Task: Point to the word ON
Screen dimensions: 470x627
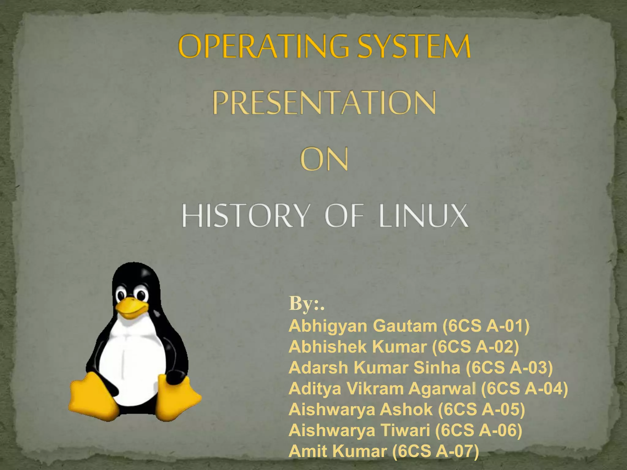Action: pyautogui.click(x=324, y=159)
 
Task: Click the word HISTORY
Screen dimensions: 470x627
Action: pyautogui.click(x=243, y=216)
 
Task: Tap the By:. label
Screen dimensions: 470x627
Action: pyautogui.click(x=306, y=304)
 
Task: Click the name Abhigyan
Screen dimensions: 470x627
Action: pyautogui.click(x=328, y=326)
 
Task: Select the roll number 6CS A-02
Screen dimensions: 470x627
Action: pyautogui.click(x=475, y=347)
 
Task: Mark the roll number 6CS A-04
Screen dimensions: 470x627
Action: pyautogui.click(x=524, y=389)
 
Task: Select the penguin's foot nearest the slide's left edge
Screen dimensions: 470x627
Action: pyautogui.click(x=92, y=398)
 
